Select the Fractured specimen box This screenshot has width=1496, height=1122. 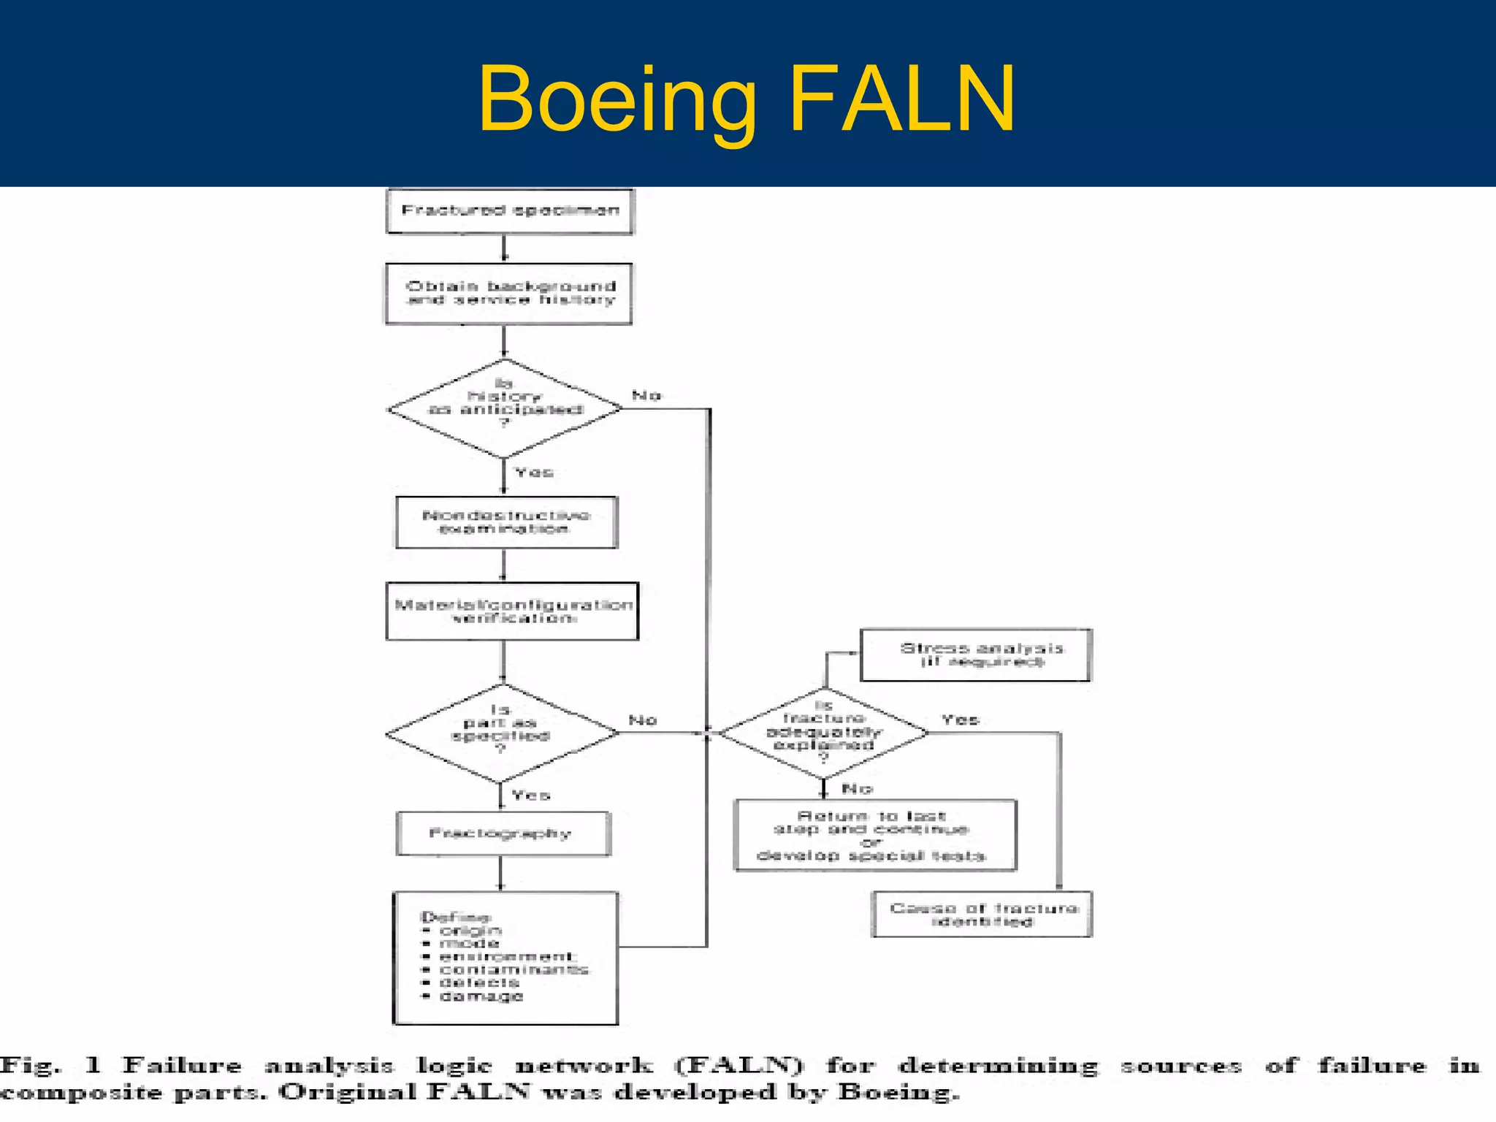(510, 211)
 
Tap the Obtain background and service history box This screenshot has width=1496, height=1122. (509, 293)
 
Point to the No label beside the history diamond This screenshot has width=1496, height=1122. (646, 395)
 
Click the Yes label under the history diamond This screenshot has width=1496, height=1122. (534, 473)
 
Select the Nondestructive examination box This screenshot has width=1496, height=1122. (506, 522)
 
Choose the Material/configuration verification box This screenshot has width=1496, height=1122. (512, 611)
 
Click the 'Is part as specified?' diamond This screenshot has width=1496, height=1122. (502, 732)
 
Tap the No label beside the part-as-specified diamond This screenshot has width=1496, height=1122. (643, 720)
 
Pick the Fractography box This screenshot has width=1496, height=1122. (503, 833)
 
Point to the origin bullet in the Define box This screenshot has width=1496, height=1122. (470, 931)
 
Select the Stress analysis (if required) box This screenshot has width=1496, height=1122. (976, 654)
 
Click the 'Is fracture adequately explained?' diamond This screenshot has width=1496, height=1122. (824, 733)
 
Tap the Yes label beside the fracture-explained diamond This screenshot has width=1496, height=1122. (959, 720)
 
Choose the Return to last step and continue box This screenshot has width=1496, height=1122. (874, 835)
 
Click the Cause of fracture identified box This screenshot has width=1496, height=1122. (982, 914)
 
